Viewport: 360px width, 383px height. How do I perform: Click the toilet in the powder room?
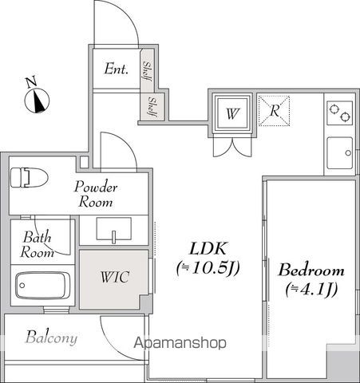point(29,177)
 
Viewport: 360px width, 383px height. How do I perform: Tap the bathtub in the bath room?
point(42,286)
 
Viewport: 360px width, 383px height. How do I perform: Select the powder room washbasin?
point(114,229)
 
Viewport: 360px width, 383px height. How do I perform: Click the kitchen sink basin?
point(340,153)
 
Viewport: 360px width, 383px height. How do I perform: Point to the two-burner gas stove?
point(340,113)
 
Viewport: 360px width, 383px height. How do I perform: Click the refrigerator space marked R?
point(274,111)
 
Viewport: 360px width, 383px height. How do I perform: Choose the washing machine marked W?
point(232,113)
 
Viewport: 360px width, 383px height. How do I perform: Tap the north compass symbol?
point(37,101)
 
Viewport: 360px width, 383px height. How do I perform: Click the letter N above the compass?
point(31,82)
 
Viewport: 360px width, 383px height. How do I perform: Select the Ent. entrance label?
point(117,69)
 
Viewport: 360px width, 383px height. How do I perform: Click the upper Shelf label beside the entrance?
point(147,71)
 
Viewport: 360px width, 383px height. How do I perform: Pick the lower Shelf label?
point(153,107)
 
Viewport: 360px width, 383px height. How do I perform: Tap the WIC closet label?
point(115,277)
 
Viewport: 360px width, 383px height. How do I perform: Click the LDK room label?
point(208,249)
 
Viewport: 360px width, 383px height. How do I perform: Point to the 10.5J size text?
point(208,268)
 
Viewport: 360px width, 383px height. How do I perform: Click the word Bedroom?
point(311,270)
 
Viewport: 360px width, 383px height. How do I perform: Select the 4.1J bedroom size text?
point(311,289)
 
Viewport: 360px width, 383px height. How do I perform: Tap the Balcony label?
point(51,338)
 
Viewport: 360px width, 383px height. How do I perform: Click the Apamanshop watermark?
point(180,343)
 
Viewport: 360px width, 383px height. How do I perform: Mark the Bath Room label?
point(38,245)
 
